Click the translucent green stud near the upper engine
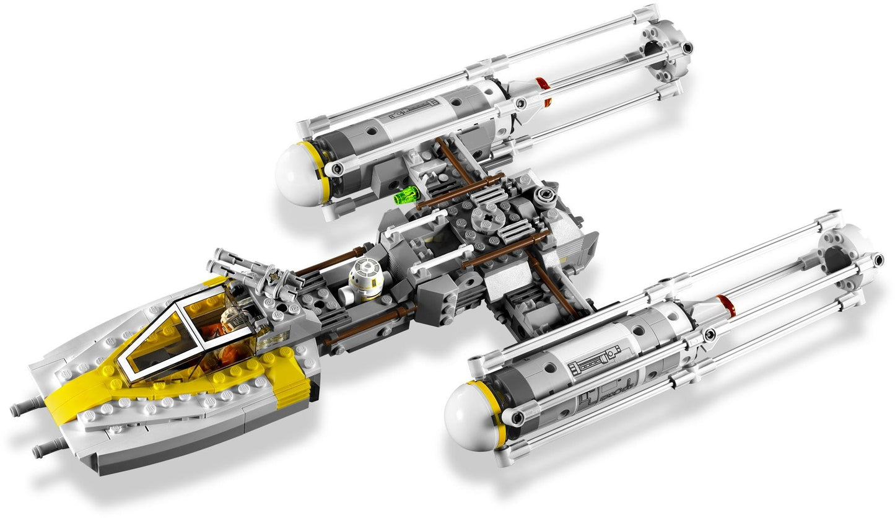[x=406, y=196]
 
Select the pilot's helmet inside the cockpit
[x=234, y=318]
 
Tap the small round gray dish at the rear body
[x=546, y=196]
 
